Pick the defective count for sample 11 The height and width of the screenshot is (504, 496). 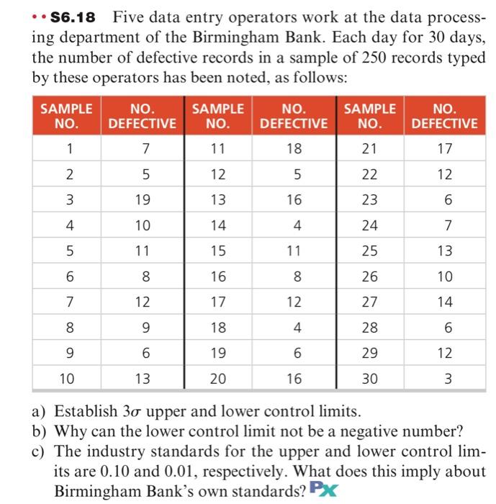[x=294, y=149]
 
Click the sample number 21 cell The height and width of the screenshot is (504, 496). [x=369, y=149]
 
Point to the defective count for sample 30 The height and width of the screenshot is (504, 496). [x=444, y=378]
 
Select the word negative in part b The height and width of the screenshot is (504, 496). [x=379, y=433]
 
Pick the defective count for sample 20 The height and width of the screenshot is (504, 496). [x=294, y=378]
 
